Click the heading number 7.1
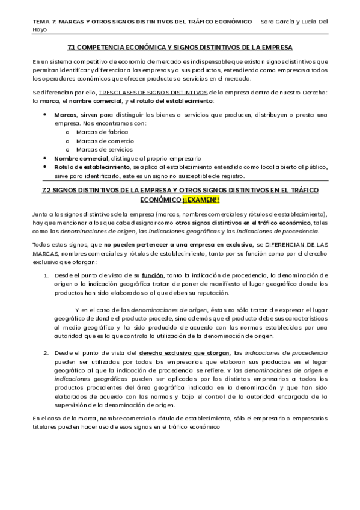(x=73, y=47)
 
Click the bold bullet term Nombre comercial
(x=77, y=158)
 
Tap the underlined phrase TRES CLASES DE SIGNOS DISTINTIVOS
(x=153, y=92)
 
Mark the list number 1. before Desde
(x=46, y=275)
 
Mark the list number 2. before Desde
(x=46, y=352)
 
